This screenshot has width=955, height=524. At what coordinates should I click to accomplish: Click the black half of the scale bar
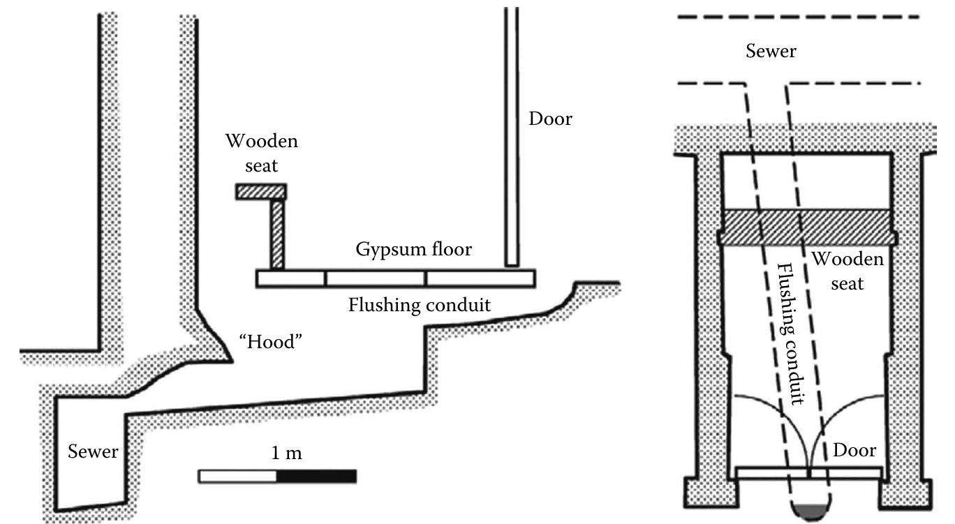317,477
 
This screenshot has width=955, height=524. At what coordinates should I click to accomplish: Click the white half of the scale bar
238,477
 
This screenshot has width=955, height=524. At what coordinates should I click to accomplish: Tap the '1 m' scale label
286,454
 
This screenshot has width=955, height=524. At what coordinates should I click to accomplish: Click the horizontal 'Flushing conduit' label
419,305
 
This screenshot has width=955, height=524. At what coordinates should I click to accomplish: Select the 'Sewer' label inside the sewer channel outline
92,451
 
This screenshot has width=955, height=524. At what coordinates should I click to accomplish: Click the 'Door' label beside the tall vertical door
550,119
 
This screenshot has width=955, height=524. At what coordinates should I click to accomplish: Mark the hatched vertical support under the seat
277,234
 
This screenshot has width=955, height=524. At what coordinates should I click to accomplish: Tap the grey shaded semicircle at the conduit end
810,513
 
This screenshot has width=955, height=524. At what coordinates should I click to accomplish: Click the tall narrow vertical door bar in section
512,140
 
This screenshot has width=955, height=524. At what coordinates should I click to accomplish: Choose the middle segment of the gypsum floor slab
376,278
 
